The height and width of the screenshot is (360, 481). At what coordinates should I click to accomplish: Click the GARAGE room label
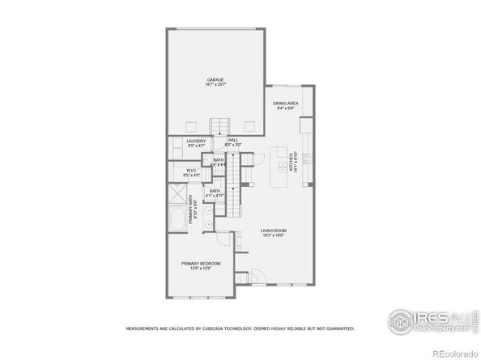pyautogui.click(x=215, y=79)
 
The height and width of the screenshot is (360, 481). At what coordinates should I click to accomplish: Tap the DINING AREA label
pyautogui.click(x=285, y=103)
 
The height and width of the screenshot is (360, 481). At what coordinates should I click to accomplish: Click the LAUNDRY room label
pyautogui.click(x=197, y=142)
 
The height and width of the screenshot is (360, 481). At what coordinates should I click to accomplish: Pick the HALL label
pyautogui.click(x=232, y=140)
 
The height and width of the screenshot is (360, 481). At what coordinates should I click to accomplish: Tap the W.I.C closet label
pyautogui.click(x=191, y=170)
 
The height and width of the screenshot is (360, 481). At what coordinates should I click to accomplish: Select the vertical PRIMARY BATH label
pyautogui.click(x=194, y=213)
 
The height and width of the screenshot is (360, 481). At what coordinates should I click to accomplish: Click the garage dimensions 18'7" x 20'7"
pyautogui.click(x=215, y=85)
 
